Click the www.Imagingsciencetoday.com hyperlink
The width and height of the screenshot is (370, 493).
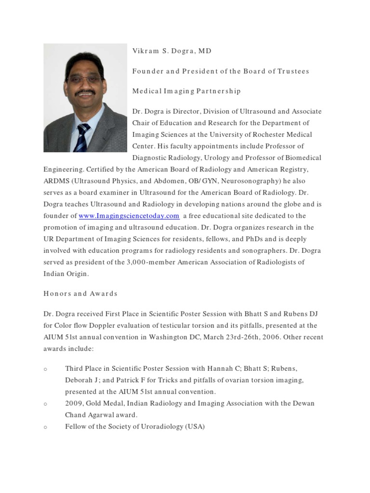coord(129,216)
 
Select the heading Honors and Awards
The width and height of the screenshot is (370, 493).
coord(80,293)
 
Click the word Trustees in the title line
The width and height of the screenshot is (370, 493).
coord(293,71)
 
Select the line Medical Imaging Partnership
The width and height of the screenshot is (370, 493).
coord(186,91)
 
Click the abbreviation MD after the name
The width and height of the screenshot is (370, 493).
coord(204,51)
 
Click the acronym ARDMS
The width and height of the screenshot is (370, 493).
coord(56,181)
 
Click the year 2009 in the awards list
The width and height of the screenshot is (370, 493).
coord(73,403)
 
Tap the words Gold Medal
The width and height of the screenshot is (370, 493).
coord(104,403)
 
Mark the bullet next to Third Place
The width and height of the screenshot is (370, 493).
coord(45,369)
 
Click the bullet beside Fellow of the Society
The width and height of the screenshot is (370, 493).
coord(45,427)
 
